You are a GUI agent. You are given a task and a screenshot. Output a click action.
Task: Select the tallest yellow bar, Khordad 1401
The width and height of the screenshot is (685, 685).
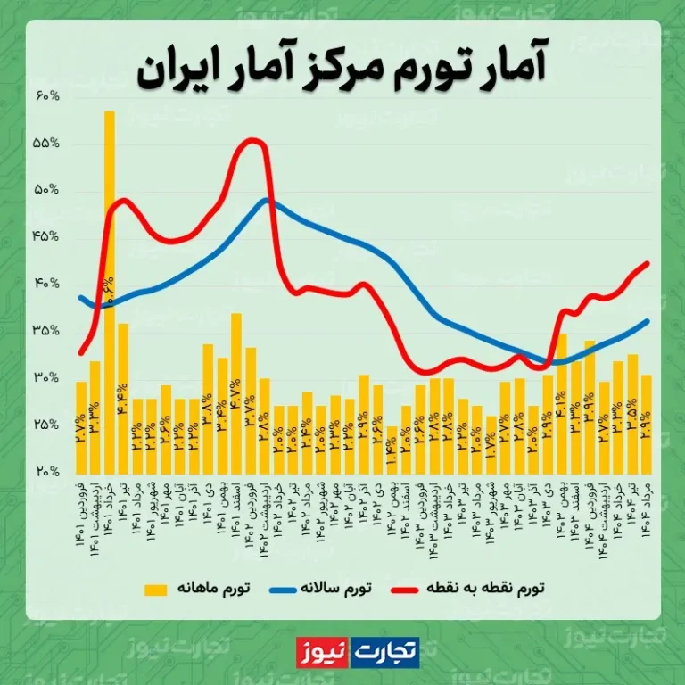tap(109, 285)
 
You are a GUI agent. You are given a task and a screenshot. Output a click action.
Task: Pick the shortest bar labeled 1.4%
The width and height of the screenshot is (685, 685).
tap(391, 450)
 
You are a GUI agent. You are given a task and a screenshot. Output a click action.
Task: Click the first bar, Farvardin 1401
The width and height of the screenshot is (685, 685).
tap(80, 428)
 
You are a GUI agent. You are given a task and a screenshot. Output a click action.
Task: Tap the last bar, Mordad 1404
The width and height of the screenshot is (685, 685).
tap(646, 425)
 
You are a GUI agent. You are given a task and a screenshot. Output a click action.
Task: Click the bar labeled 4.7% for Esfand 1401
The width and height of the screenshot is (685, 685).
tap(236, 392)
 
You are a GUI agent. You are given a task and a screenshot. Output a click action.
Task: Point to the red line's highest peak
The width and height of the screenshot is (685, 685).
tap(253, 139)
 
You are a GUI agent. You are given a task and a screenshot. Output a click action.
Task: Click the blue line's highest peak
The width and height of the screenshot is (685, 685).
tap(267, 199)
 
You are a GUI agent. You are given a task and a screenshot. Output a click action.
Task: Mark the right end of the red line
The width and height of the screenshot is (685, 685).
tap(647, 262)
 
